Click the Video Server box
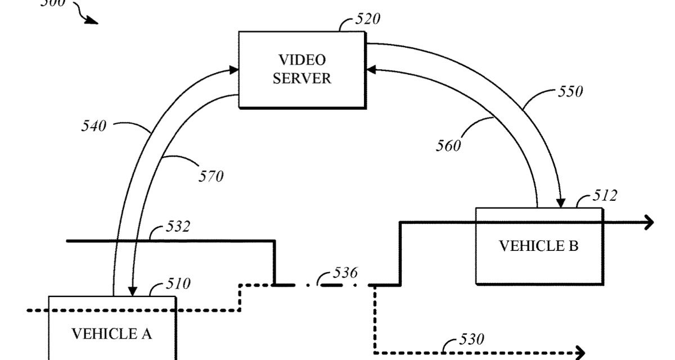pyautogui.click(x=301, y=69)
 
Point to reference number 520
pyautogui.click(x=368, y=20)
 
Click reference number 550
pyautogui.click(x=570, y=91)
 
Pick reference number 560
pyautogui.click(x=448, y=146)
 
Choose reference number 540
pyautogui.click(x=93, y=127)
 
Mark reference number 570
pyautogui.click(x=210, y=176)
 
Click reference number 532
pyautogui.click(x=178, y=227)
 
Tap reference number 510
pyautogui.click(x=178, y=283)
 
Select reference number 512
pyautogui.click(x=605, y=196)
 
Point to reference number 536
pyautogui.click(x=345, y=273)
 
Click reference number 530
pyautogui.click(x=471, y=339)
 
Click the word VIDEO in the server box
pyautogui.click(x=302, y=60)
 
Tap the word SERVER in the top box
pyautogui.click(x=302, y=78)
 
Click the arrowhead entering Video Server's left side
pyautogui.click(x=233, y=70)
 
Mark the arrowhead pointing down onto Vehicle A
pyautogui.click(x=132, y=291)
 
